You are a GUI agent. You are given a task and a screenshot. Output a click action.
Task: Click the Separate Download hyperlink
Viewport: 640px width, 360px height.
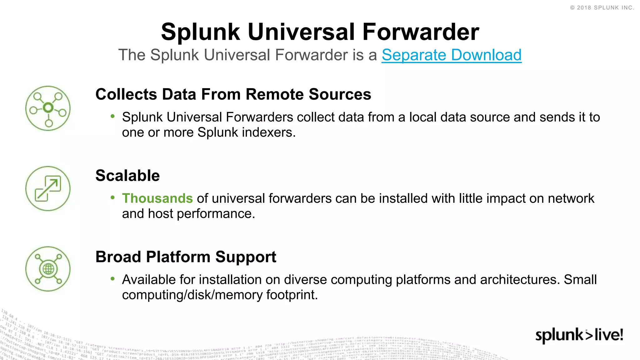[x=451, y=55]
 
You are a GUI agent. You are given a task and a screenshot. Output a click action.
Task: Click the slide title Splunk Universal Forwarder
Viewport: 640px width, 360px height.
[x=320, y=32]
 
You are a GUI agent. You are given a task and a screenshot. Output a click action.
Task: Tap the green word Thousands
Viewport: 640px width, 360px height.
[x=157, y=198]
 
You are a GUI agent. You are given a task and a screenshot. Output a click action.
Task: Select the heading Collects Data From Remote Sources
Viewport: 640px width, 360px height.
[x=233, y=94]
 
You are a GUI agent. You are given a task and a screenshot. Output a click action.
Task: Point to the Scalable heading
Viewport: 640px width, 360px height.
[x=127, y=176]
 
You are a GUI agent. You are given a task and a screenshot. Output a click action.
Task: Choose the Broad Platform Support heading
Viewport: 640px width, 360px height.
[x=186, y=257]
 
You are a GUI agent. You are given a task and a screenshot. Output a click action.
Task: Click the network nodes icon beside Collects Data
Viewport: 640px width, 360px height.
[x=48, y=108]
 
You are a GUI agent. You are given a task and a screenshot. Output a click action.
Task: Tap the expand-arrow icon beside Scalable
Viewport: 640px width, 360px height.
[x=48, y=188]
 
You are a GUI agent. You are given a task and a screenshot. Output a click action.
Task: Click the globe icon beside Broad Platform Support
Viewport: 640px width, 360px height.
[x=48, y=269]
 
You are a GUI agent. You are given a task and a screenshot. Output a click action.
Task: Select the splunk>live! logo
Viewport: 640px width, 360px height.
[x=579, y=335]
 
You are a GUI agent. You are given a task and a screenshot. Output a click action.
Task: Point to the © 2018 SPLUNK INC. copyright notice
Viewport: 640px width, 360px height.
[x=602, y=8]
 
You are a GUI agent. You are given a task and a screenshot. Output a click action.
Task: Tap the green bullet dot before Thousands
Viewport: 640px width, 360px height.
[x=113, y=197]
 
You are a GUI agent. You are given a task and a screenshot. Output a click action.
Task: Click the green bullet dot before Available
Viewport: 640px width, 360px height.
[x=113, y=279]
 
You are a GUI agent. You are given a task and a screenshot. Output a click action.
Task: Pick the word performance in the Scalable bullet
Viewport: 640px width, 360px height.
[x=216, y=214]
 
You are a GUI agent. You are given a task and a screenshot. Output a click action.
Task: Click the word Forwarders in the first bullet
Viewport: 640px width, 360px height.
[x=259, y=117]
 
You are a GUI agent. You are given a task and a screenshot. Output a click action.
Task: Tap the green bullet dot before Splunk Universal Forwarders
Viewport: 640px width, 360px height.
[x=113, y=116]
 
